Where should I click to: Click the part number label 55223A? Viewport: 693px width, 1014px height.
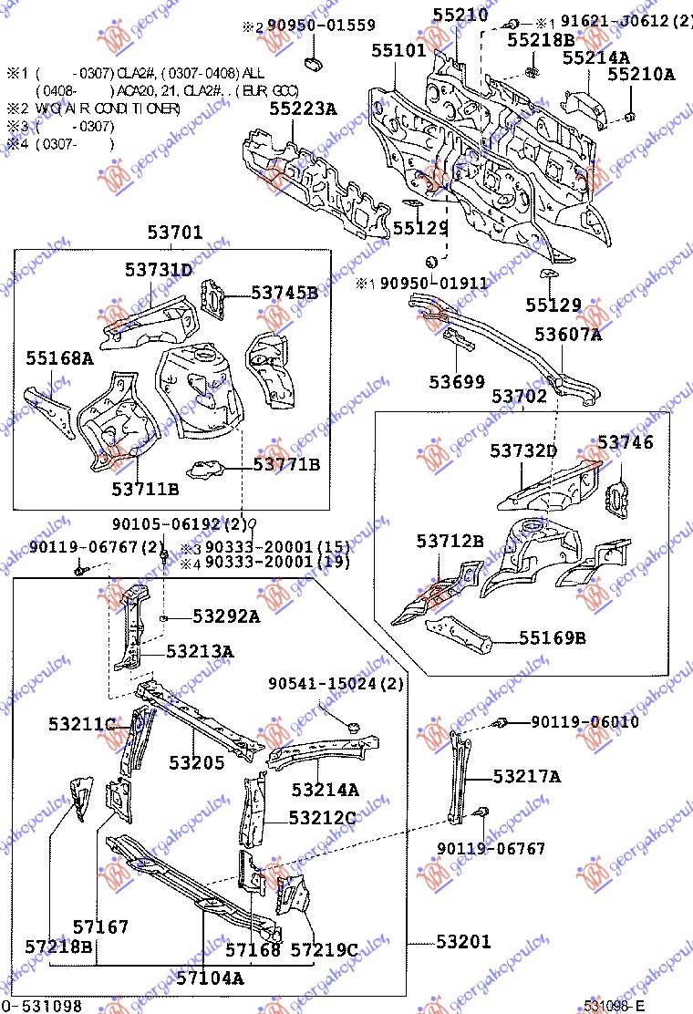pos(302,109)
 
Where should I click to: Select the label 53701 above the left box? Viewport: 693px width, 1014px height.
pos(175,233)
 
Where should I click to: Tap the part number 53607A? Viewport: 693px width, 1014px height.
pos(568,335)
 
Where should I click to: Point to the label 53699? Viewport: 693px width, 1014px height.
pos(457,381)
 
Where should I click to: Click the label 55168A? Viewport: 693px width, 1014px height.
pos(59,358)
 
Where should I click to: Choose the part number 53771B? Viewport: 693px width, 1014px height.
pos(286,465)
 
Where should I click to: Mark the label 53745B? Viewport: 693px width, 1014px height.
pos(284,293)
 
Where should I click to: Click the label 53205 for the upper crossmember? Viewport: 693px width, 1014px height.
pos(196,761)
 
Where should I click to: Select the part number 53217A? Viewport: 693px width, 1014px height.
pos(527,776)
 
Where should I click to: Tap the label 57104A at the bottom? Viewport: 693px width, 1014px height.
pos(210,978)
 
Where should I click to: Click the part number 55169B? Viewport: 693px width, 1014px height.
pos(553,637)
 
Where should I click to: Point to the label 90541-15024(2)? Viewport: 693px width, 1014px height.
pos(336,684)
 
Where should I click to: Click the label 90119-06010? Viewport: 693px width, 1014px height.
pos(585,722)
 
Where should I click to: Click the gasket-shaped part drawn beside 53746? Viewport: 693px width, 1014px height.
pos(617,494)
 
